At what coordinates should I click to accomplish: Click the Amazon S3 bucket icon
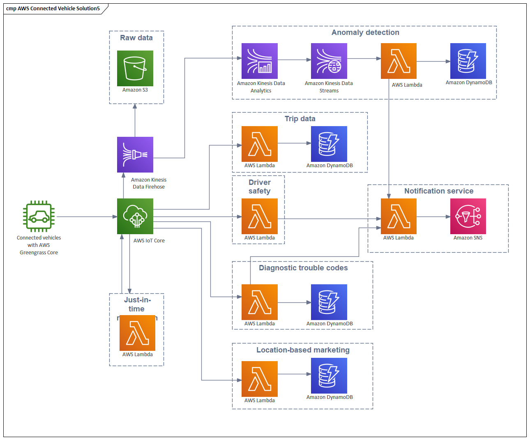click(135, 68)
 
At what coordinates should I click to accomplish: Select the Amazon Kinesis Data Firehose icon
click(135, 154)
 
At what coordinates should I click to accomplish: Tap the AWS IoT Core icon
click(135, 216)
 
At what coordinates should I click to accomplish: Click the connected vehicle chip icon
click(39, 217)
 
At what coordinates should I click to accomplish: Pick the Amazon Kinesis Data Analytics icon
click(259, 61)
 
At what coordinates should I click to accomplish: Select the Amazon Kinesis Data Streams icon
click(329, 61)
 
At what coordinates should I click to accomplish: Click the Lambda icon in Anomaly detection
click(399, 61)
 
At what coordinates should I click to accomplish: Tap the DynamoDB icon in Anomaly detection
click(468, 61)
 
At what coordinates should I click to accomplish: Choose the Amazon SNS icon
click(468, 216)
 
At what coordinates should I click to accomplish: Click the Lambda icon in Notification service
click(399, 216)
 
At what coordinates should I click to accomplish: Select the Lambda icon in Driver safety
click(259, 216)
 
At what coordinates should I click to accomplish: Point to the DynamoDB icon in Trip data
click(329, 144)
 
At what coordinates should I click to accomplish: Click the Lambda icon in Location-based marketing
click(259, 379)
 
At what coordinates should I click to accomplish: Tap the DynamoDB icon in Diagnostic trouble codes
click(329, 302)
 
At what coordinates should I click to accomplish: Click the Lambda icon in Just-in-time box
click(137, 333)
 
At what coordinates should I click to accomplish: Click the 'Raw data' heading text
click(136, 38)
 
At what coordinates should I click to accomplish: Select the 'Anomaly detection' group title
click(365, 32)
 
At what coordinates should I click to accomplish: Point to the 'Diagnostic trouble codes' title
click(303, 268)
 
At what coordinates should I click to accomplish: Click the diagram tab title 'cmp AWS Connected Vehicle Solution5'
click(53, 8)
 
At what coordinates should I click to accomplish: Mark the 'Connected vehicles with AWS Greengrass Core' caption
click(39, 245)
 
